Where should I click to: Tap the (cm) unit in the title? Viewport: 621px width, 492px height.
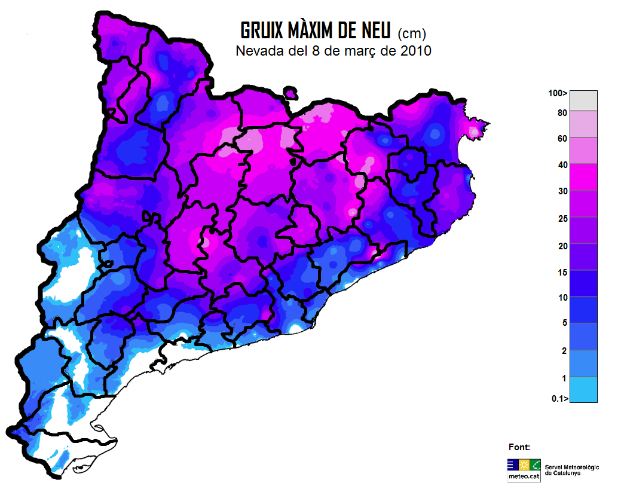click(x=412, y=32)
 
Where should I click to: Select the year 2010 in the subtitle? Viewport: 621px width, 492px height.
click(x=412, y=51)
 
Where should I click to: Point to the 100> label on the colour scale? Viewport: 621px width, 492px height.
click(x=558, y=93)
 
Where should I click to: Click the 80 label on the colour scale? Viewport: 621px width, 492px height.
click(x=561, y=112)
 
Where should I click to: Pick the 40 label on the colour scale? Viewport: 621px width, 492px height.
click(x=561, y=164)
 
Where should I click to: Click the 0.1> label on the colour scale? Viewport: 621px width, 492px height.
click(x=559, y=399)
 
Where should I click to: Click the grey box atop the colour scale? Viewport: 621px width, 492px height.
click(x=583, y=100)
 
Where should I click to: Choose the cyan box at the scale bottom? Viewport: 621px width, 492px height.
click(x=583, y=390)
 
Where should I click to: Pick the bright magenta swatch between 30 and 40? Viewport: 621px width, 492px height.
click(x=583, y=177)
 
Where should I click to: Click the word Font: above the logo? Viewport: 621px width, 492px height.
click(x=519, y=447)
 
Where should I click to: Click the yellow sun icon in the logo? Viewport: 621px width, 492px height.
click(x=524, y=465)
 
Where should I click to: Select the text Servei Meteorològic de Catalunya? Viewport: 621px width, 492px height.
click(x=571, y=470)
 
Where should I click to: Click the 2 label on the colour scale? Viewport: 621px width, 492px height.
click(x=564, y=350)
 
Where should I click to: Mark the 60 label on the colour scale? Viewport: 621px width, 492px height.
click(x=561, y=138)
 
